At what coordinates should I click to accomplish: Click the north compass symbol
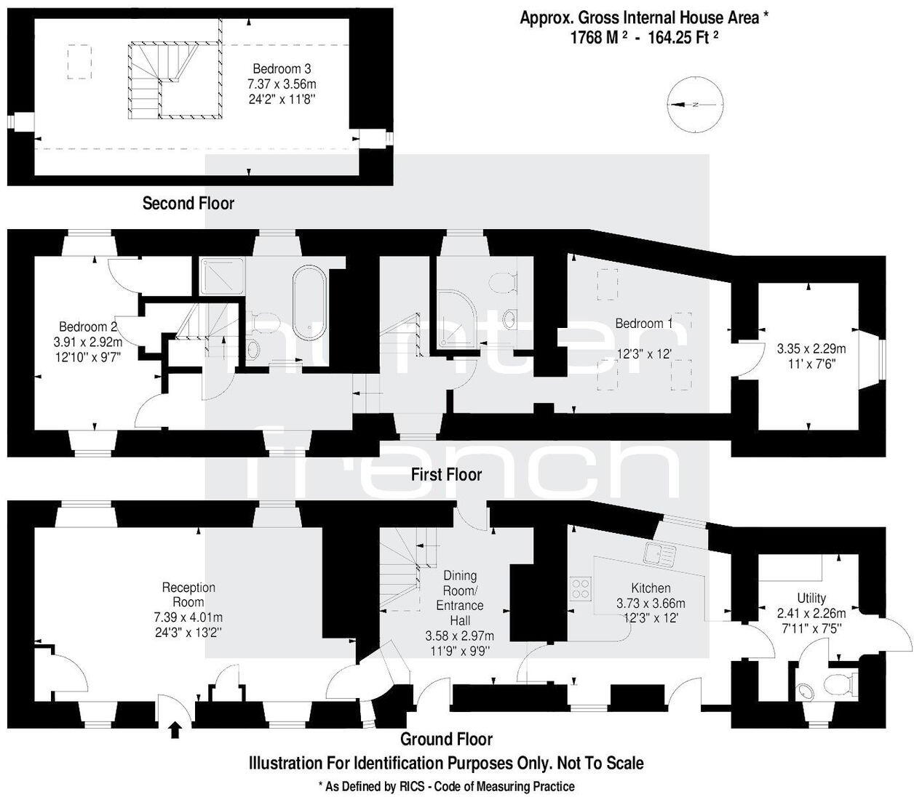point(696,105)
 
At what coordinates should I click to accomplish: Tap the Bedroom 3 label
point(282,69)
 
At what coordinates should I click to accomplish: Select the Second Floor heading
point(188,204)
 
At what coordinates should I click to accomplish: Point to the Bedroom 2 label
point(87,327)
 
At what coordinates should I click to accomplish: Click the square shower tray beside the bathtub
point(221,276)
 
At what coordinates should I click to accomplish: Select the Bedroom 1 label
point(643,323)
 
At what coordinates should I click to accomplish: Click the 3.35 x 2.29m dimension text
point(811,348)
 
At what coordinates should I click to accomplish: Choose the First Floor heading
point(446,475)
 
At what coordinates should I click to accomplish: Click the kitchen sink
point(659,555)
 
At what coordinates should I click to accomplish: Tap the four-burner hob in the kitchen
point(580,587)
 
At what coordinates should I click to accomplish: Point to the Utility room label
point(811,598)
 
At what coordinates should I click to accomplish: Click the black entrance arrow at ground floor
point(175,729)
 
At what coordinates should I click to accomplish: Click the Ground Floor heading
point(446,740)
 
